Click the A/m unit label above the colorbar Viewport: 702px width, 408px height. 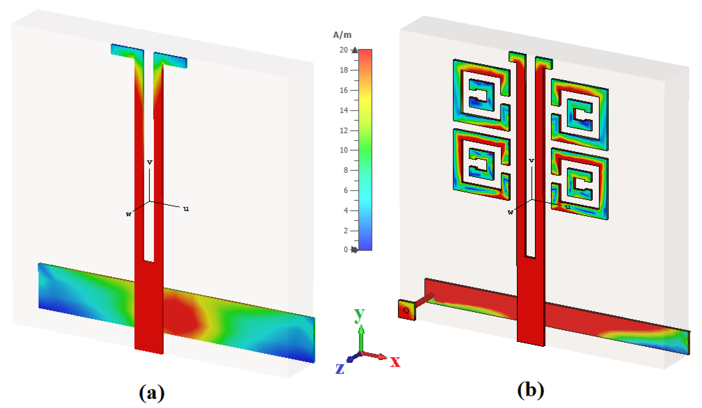click(342, 35)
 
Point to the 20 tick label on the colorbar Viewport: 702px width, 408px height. click(343, 50)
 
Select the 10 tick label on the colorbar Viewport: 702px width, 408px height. click(343, 150)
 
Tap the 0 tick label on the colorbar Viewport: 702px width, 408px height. click(346, 250)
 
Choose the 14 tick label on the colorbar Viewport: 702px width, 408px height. click(343, 111)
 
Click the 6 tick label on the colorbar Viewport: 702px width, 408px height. click(346, 191)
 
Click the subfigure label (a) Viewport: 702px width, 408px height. click(152, 393)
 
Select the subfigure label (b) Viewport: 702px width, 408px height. click(530, 390)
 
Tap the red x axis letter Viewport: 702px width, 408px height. click(395, 362)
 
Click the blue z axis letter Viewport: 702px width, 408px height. click(340, 369)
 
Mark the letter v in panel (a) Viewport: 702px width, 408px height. click(150, 162)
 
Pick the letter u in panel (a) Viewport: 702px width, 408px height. click(186, 209)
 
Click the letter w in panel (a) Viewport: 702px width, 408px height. click(128, 214)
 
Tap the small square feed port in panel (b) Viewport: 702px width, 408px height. click(407, 310)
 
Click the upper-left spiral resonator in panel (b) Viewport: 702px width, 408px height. click(481, 95)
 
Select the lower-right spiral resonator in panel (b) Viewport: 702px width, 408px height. click(579, 184)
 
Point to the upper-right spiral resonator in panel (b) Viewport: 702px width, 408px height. click(579, 115)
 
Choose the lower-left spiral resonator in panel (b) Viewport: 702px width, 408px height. click(481, 165)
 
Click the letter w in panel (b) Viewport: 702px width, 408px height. click(510, 212)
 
